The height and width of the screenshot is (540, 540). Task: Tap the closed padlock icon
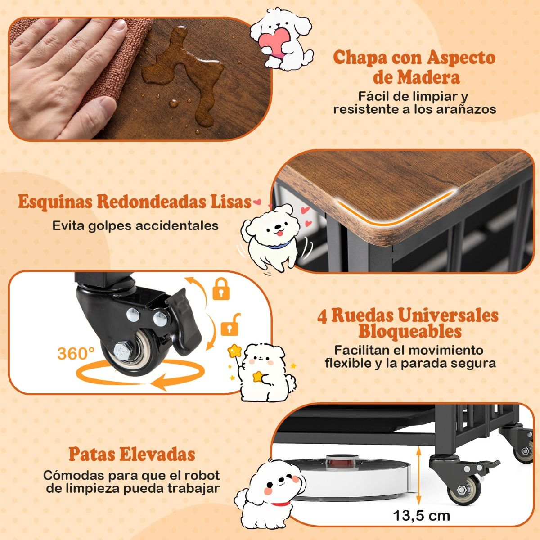pos(221,289)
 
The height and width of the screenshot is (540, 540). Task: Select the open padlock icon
pos(231,324)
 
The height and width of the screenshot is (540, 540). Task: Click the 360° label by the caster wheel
pos(76,353)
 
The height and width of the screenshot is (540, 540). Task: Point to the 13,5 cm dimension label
pos(422,515)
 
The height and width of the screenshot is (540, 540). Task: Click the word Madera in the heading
pos(416,77)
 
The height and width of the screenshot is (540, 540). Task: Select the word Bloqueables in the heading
pos(409,331)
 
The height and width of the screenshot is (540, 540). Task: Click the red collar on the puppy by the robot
pos(280,504)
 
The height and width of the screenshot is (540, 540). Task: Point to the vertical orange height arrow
pos(418,475)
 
